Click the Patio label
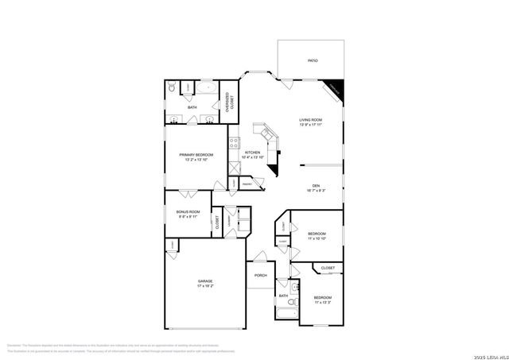pos(312,60)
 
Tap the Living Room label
pos(310,120)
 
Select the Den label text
pos(316,186)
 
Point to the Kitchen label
pos(252,153)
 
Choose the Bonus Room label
pos(187,211)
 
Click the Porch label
pos(260,276)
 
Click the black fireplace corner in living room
pos(335,90)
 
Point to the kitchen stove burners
pos(234,143)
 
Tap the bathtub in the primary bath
pos(204,89)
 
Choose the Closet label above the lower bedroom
pos(328,269)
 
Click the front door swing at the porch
pos(258,257)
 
